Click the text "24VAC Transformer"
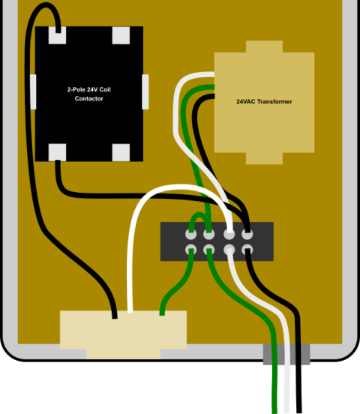pos(264,102)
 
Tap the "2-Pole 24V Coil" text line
pos(89,89)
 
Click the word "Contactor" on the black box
pos(89,98)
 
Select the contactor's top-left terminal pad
pos(57,35)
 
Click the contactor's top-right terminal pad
pos(121,35)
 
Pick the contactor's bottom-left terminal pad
pos(57,152)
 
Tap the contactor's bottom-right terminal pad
pos(121,152)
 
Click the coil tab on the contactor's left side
pos(33,92)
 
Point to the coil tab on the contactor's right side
pos(145,92)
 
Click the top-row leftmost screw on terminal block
pos(191,234)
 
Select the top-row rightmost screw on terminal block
pos(247,234)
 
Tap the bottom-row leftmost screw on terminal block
pos(191,250)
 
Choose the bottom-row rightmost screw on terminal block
pos(247,250)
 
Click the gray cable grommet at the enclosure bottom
pos(286,354)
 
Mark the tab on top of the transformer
pos(265,46)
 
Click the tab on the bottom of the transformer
pos(265,158)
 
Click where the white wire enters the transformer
pos(214,74)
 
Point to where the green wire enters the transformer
pos(214,87)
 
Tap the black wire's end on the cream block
pos(115,316)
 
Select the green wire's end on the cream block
pos(162,313)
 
